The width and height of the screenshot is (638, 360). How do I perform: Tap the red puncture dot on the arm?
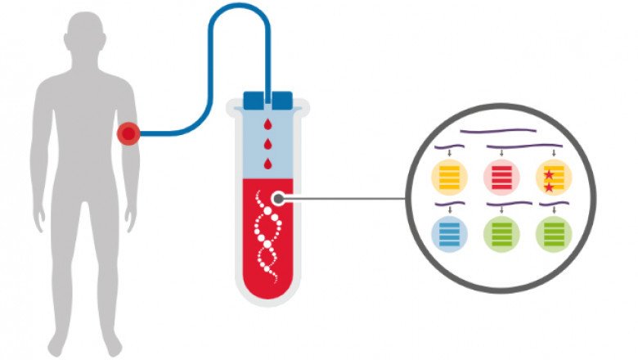128,133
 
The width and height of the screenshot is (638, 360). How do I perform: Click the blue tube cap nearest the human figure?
254,101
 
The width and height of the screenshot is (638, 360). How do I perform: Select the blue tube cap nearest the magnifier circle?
281,101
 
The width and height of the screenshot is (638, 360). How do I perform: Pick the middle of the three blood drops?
268,143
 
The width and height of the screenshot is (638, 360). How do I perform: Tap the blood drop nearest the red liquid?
268,161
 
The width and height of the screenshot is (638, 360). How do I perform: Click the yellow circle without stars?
449,178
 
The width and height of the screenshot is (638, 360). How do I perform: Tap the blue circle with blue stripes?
449,233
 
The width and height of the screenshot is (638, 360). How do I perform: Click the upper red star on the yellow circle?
549,173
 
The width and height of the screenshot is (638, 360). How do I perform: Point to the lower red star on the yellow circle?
549,188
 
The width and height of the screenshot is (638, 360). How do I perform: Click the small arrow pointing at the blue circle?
448,211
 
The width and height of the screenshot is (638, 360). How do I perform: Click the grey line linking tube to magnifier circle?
344,198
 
